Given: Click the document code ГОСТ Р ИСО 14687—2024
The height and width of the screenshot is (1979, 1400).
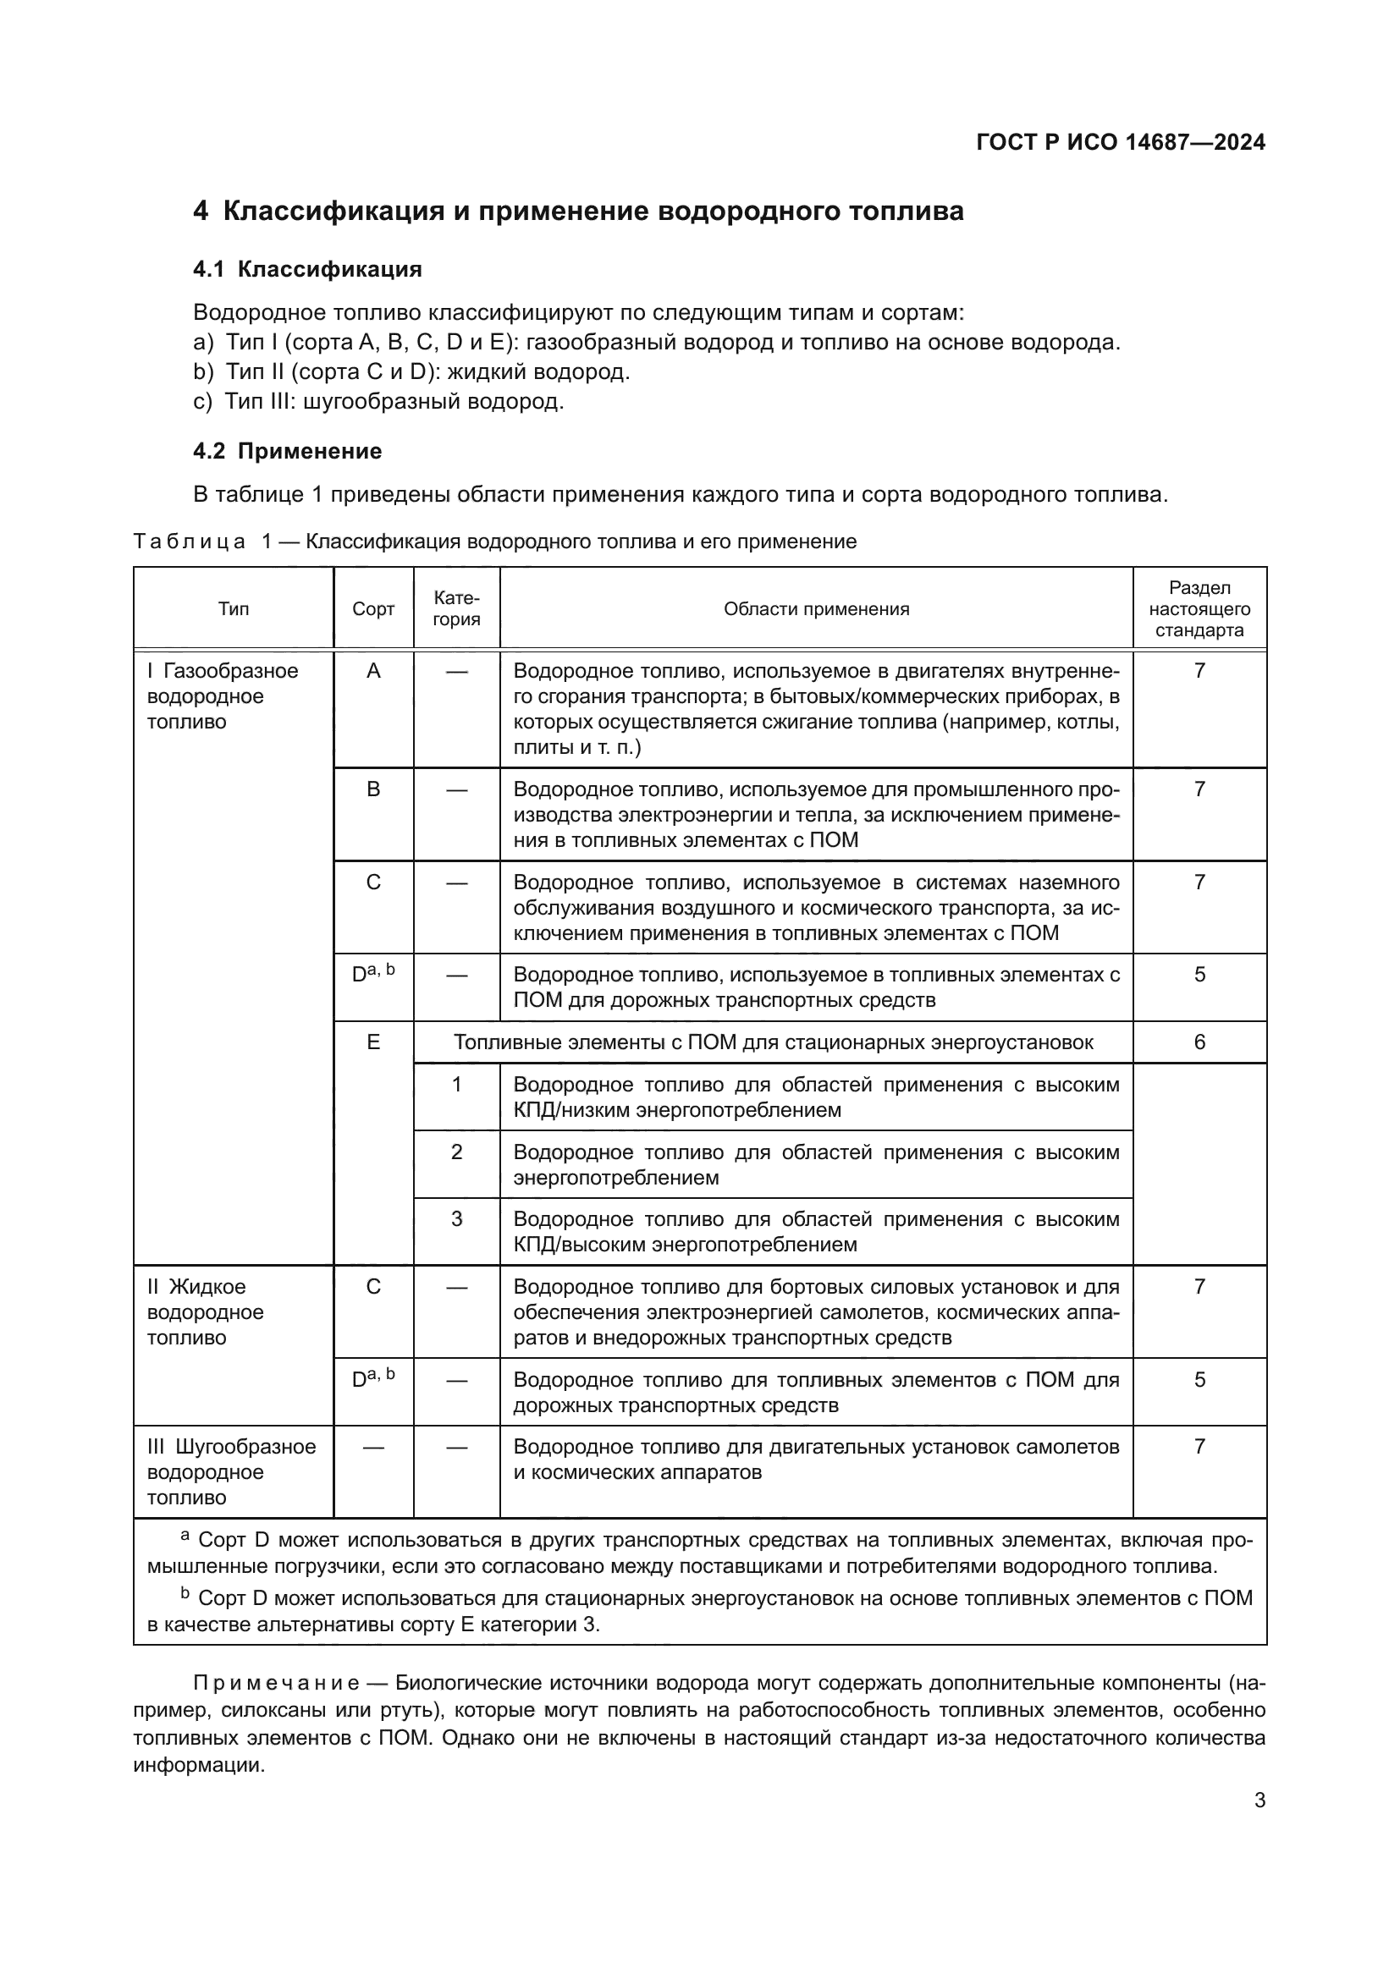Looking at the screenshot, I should (1120, 142).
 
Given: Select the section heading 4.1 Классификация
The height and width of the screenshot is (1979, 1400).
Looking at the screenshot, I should (307, 269).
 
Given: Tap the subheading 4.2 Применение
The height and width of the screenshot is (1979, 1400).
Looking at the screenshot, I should (287, 451).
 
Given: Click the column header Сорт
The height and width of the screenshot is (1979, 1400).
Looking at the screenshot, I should (373, 608).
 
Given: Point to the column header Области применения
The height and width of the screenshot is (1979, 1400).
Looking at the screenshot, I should (815, 608).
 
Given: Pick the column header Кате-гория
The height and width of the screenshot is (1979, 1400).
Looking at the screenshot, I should (456, 608).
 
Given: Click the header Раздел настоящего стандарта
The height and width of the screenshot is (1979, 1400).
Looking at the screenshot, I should (1199, 608).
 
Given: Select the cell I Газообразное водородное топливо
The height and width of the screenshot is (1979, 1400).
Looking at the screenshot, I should (223, 695).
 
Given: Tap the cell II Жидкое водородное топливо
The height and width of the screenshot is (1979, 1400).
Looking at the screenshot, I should (205, 1312).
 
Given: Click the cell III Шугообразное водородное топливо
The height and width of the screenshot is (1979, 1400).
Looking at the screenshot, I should (231, 1471).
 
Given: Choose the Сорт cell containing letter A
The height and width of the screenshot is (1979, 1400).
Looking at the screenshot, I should (373, 671).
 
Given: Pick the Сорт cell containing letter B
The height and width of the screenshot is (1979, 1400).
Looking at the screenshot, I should (373, 789).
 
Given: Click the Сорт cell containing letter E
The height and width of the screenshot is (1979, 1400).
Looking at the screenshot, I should (373, 1042).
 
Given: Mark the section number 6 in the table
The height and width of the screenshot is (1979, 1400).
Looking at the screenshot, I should (1199, 1042).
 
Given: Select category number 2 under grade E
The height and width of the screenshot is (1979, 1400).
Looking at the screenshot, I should (456, 1152).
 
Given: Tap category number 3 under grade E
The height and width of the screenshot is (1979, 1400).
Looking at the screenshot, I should (456, 1218).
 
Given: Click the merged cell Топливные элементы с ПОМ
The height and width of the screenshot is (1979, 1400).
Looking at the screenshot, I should (773, 1042).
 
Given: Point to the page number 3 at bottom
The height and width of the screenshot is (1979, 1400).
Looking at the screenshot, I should (1259, 1800).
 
